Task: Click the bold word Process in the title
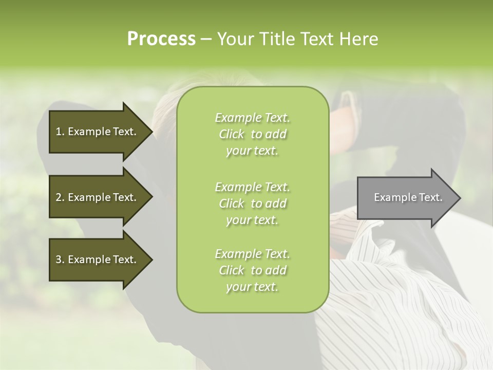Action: click(x=161, y=39)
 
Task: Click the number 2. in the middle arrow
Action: click(x=60, y=197)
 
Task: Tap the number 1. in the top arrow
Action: click(x=60, y=132)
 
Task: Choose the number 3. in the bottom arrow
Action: click(x=60, y=260)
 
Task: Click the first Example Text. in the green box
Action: click(x=252, y=118)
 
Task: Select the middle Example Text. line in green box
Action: click(x=252, y=187)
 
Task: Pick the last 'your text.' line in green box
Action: click(x=252, y=287)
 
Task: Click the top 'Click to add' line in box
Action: click(x=252, y=134)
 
